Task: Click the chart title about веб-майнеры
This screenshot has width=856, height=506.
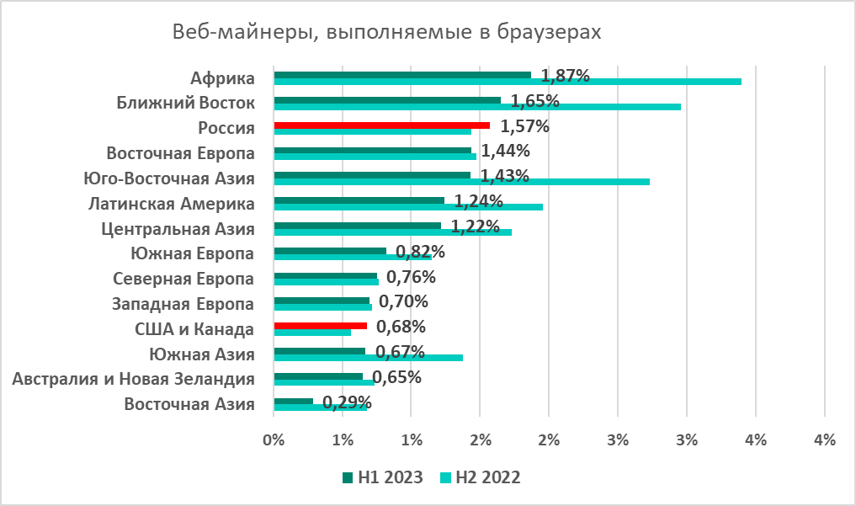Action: point(387,33)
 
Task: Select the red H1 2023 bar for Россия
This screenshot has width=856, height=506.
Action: point(382,125)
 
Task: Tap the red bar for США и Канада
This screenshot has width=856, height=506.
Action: point(321,325)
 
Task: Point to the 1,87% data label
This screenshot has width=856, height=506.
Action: point(565,76)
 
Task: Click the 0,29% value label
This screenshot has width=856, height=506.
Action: point(347,402)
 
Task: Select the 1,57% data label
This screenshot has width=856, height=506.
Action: point(524,126)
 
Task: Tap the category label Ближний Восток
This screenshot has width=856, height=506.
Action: point(185,104)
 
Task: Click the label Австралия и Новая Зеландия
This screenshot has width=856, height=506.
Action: point(134,378)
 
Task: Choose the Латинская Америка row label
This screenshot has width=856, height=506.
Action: point(172,204)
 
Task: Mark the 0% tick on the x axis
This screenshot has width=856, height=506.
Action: point(273,439)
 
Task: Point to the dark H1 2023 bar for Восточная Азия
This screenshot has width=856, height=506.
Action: point(294,401)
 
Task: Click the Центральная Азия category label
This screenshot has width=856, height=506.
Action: point(178,228)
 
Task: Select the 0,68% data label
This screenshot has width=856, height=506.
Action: point(401,326)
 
